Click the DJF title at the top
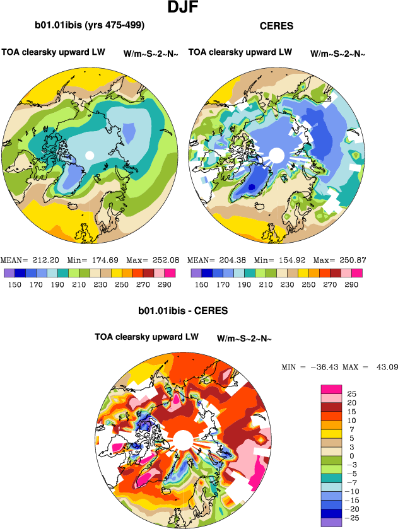coord(185,9)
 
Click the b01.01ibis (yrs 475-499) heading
coord(90,26)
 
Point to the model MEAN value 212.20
coord(45,260)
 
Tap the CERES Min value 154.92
coord(291,260)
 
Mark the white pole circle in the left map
coord(90,155)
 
